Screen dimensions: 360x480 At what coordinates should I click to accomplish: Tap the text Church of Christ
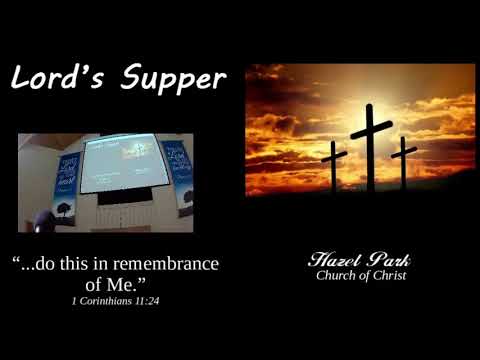click(x=361, y=276)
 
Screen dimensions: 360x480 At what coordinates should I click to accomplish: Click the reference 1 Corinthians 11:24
click(x=116, y=300)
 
